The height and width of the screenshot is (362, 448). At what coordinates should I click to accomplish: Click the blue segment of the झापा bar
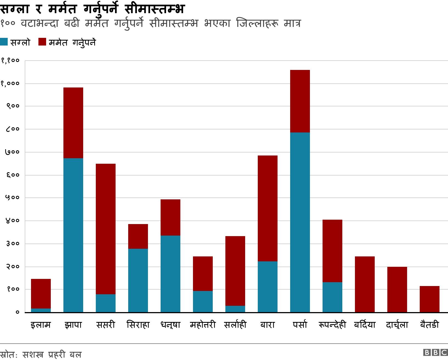coord(73,235)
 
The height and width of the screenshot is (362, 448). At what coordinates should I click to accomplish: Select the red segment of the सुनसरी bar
coord(106,229)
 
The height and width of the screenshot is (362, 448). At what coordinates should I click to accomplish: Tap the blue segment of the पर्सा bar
coord(300,222)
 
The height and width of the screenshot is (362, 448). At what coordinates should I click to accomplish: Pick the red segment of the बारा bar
coord(268,208)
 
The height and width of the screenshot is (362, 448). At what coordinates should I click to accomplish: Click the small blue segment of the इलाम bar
coord(41,310)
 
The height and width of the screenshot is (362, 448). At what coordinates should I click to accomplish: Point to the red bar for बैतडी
coord(430,299)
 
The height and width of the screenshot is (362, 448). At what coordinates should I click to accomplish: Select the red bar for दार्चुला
coord(397,290)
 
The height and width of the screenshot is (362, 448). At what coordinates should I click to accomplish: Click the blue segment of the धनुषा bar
coord(170,274)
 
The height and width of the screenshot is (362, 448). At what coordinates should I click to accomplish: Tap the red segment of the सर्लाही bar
coord(235,271)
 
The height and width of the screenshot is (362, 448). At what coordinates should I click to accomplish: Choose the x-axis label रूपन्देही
coord(332,325)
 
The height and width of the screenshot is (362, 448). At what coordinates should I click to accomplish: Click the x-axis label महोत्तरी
coord(203,325)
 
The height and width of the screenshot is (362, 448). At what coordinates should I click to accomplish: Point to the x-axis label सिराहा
coord(138,325)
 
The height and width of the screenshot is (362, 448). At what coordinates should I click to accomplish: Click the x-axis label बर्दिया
coord(365,325)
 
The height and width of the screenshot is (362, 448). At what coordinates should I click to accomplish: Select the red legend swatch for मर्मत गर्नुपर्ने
coord(42,42)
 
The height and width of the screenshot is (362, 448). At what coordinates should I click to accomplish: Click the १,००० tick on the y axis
coord(10,83)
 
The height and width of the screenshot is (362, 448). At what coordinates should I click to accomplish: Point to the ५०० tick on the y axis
coord(12,198)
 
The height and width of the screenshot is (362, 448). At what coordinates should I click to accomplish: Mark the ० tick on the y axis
coord(17,312)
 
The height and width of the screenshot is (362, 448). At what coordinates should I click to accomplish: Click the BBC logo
coord(435,353)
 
